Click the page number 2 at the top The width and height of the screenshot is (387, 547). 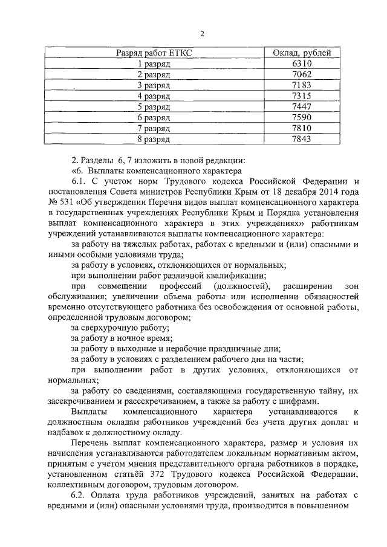click(x=203, y=33)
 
